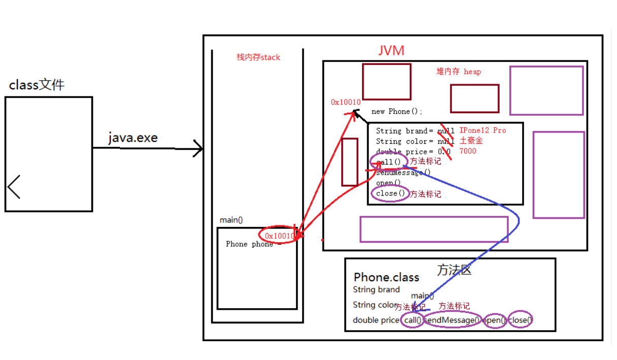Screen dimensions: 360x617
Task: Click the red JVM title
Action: click(391, 50)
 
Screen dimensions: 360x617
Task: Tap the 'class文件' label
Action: click(37, 85)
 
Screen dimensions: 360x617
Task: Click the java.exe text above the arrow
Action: click(133, 138)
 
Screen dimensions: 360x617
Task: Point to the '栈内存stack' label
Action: click(258, 57)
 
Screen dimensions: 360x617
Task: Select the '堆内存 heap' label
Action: click(459, 72)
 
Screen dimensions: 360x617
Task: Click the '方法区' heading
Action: click(454, 270)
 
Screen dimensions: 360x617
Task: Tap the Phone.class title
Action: click(386, 277)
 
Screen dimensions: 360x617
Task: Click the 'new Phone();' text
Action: click(397, 112)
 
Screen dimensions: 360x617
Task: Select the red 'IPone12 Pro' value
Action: click(482, 130)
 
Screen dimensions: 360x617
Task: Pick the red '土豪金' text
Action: click(471, 141)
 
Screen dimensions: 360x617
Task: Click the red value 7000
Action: click(468, 151)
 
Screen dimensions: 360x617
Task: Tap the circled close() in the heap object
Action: click(391, 193)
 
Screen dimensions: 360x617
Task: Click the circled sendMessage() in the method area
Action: click(452, 320)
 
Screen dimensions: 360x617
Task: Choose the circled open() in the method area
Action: click(495, 320)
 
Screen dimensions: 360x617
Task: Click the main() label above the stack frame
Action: click(231, 220)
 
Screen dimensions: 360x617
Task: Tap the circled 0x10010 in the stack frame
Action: click(279, 236)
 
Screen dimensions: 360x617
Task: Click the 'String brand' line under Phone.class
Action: click(376, 290)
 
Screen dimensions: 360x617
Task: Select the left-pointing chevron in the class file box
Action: click(14, 186)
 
